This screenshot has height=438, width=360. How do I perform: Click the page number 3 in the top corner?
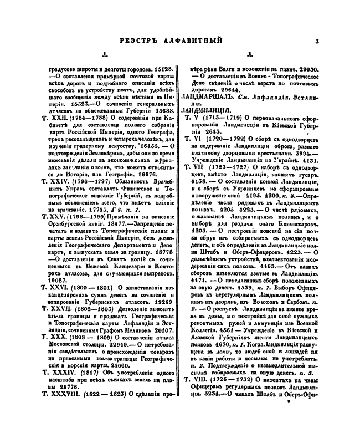[x=313, y=40]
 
